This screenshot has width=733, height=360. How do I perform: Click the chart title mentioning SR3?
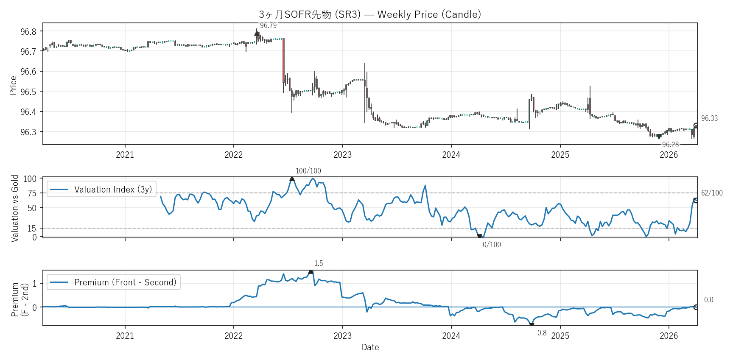370,14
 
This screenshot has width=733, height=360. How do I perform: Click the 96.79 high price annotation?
268,25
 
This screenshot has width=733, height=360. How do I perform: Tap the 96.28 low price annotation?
670,145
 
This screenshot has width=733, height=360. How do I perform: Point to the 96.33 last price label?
709,118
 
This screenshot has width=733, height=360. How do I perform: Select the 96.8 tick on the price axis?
28,31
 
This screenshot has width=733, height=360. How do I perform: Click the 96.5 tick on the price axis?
28,92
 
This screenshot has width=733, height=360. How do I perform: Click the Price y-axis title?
13,85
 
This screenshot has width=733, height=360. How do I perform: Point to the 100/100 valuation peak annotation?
308,171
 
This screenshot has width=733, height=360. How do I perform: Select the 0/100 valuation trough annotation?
492,245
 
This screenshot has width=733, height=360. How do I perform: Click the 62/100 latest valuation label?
712,193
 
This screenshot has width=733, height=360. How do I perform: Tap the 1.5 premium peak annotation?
319,263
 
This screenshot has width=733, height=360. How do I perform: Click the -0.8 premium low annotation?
541,333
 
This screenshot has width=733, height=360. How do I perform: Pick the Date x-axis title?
370,347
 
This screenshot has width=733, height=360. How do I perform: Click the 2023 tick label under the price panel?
342,155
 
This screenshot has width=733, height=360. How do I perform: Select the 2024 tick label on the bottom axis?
451,336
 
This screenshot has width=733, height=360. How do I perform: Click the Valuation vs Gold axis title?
15,208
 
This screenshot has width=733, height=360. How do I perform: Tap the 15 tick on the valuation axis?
32,228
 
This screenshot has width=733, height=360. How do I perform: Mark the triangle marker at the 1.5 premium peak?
311,271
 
